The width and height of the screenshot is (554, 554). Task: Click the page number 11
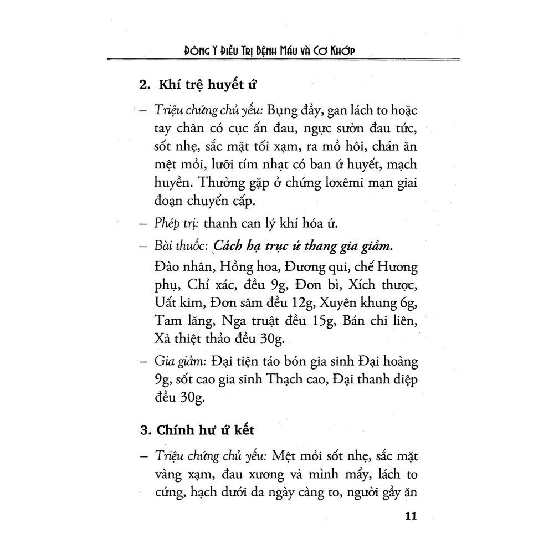[x=410, y=517]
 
